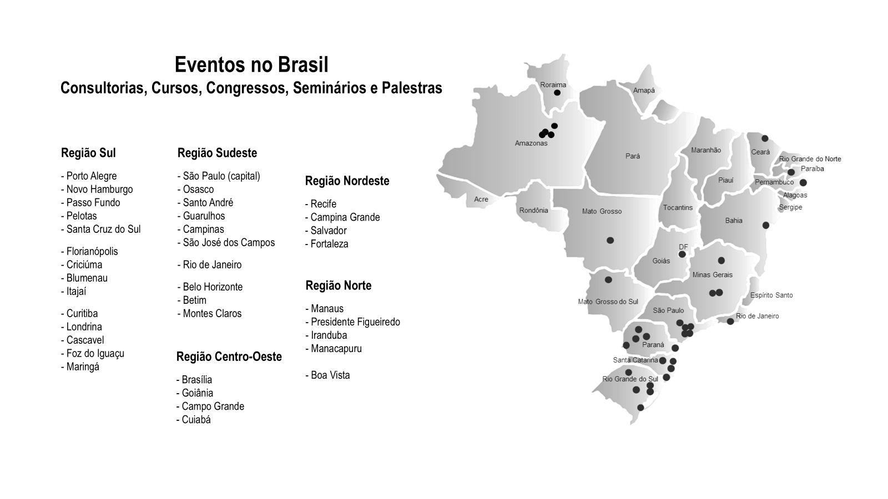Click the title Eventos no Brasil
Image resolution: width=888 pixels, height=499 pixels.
coord(251,65)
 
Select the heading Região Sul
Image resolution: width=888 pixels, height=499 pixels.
coord(88,153)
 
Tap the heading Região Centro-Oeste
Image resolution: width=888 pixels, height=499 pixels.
coord(229,357)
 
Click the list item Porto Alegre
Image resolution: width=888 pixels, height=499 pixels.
coord(91,176)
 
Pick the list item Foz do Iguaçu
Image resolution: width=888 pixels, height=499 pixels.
coord(95,354)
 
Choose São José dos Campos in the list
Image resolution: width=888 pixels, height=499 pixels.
coord(228,243)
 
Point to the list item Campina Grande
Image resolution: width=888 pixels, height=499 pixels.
coord(345,217)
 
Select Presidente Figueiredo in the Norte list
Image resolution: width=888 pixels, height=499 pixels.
coord(355,322)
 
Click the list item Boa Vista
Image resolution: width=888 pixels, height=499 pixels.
coord(330,375)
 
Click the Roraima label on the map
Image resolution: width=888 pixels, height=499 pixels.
coord(553,85)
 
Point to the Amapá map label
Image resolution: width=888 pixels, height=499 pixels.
coord(644,90)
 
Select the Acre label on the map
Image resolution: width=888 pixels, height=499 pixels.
coord(481,200)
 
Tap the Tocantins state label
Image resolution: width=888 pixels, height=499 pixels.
coord(678,208)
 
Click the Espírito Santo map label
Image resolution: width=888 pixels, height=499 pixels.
coord(771,296)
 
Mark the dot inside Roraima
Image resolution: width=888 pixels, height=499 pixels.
coord(557,93)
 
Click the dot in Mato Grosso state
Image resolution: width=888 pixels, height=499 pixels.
coord(610,241)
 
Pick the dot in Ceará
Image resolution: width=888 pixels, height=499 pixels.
coord(765,139)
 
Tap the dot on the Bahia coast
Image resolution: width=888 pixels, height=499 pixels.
coord(766,225)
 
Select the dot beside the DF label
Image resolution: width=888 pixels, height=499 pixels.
coord(682,254)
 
